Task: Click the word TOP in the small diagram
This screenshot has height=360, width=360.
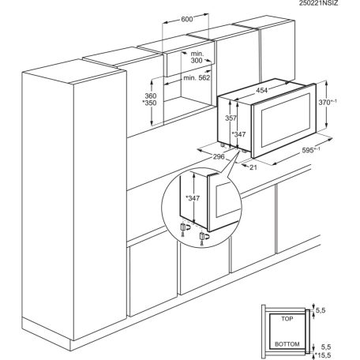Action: click(286, 318)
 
